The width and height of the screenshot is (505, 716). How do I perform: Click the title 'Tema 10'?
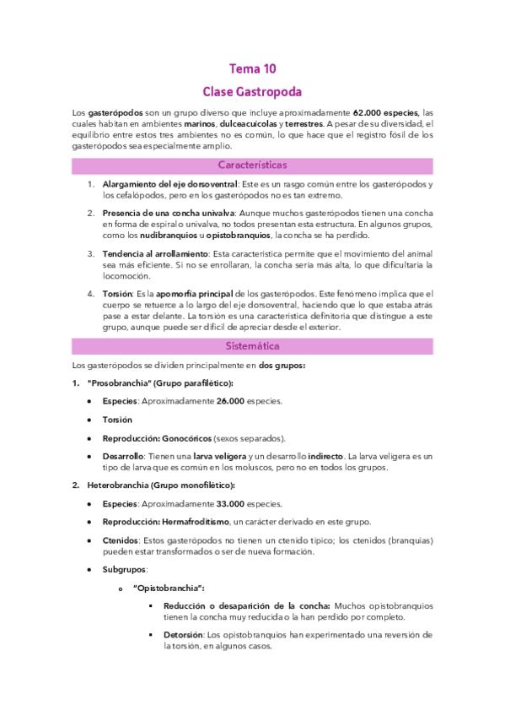tap(252, 69)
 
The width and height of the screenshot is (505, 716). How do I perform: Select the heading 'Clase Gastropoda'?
tap(252, 91)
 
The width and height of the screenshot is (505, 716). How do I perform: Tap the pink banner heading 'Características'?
tap(252, 165)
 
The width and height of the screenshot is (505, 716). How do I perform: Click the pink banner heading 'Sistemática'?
tap(252, 346)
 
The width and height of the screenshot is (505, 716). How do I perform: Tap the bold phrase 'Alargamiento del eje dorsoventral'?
tap(169, 184)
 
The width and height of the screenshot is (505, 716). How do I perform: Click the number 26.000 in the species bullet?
tap(228, 401)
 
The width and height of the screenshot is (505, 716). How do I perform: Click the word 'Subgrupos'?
tap(124, 569)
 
